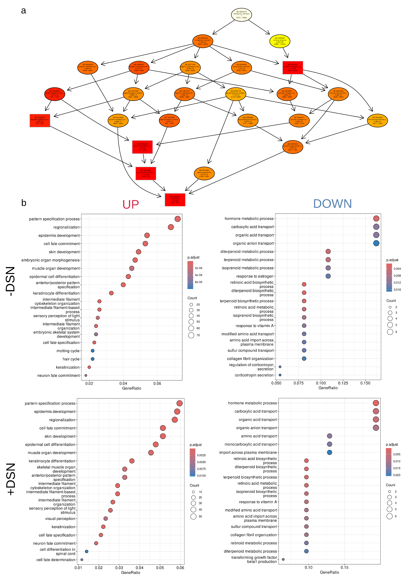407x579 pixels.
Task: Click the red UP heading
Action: click(130, 204)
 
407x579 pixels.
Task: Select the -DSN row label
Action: click(11, 281)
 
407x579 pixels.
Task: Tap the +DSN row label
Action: click(11, 479)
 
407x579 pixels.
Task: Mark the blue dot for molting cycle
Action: click(92, 351)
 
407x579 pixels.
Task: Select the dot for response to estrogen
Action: click(328, 276)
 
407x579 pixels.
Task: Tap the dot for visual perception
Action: click(106, 519)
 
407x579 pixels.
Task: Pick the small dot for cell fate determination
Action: click(82, 560)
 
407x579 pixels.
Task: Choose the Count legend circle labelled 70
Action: click(191, 335)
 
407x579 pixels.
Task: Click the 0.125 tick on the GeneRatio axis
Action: click(343, 383)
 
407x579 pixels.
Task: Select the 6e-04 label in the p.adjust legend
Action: click(198, 282)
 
